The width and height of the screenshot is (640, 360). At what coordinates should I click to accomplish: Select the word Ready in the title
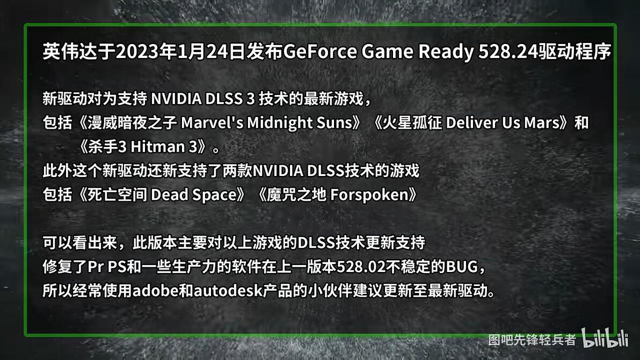pos(445,53)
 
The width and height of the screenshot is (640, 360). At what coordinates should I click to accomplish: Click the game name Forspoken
pos(369,195)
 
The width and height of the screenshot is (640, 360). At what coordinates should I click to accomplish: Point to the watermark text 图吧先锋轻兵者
pos(532,340)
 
